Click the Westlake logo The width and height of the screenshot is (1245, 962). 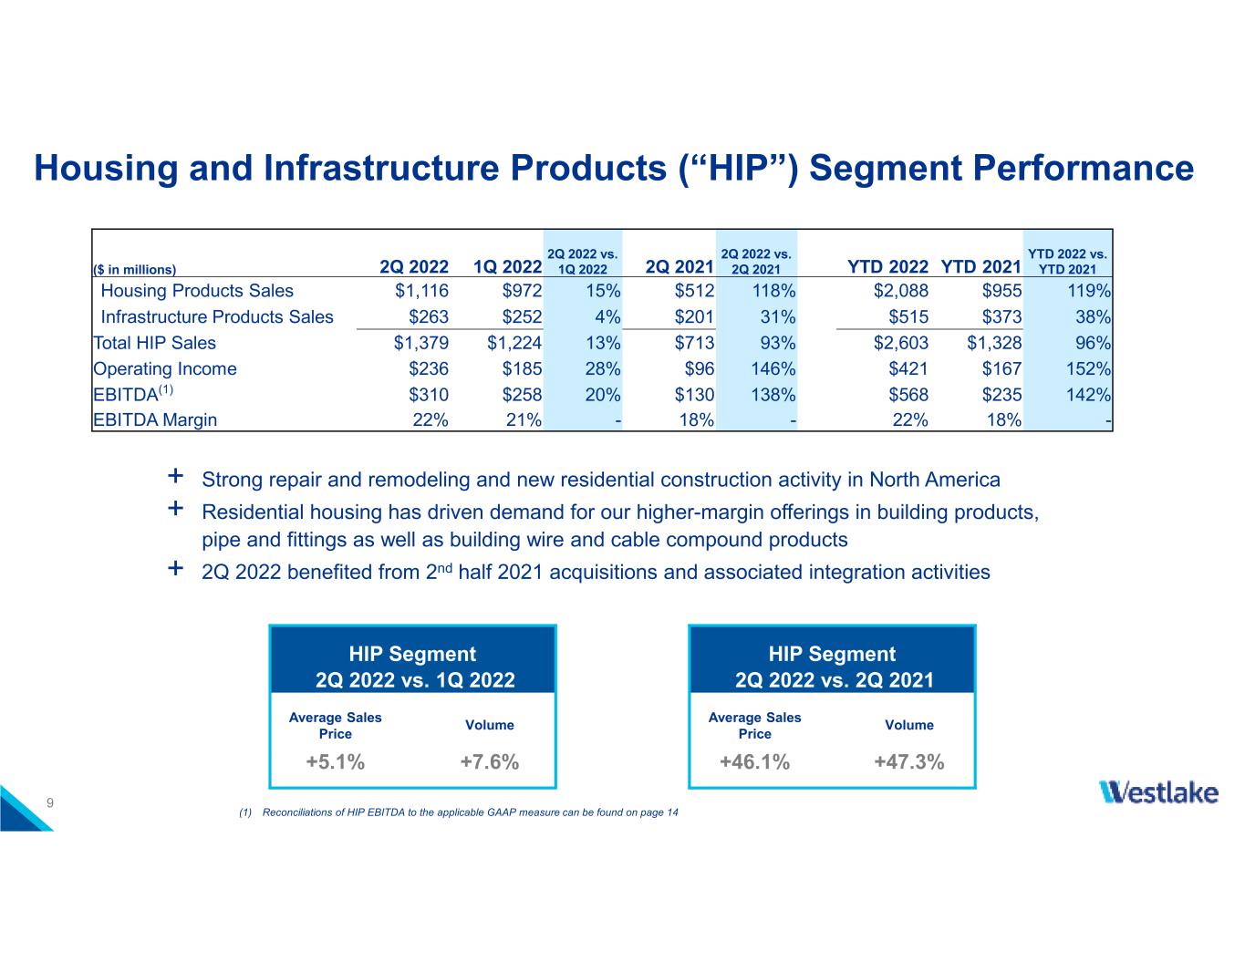coord(1158,791)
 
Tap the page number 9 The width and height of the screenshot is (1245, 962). coord(51,802)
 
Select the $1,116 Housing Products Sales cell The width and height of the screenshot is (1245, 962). coord(421,291)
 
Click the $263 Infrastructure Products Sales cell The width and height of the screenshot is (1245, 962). coord(430,317)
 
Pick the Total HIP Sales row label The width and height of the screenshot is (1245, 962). coord(155,343)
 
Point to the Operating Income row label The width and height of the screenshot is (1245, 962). coord(165,369)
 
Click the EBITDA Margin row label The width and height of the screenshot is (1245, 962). coord(155,420)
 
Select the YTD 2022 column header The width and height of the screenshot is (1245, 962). coord(887,266)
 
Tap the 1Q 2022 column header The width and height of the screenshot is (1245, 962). coord(508,266)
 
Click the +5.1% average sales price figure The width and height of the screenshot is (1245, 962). coord(335,762)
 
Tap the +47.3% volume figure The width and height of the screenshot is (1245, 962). coord(908,762)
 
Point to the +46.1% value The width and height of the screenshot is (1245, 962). coord(754,762)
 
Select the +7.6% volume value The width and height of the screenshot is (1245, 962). coord(490,762)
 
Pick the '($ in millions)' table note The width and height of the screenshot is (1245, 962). coord(134,270)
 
